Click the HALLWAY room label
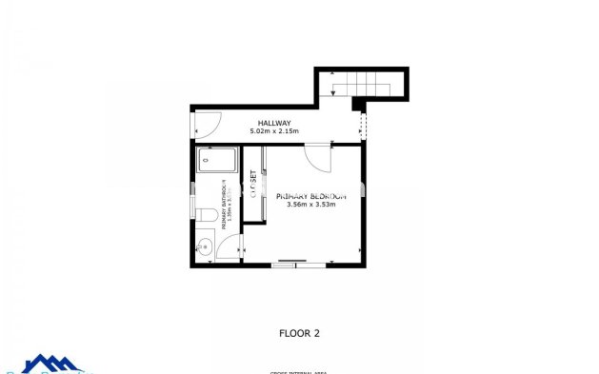(274, 123)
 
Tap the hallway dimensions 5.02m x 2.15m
(274, 131)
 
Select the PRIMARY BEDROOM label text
(310, 195)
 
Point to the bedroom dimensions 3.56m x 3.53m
(310, 204)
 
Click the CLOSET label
(253, 184)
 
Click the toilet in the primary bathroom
(202, 215)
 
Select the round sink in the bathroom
(203, 247)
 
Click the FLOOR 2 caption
(299, 333)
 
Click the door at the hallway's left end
(208, 122)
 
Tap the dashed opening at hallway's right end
(361, 125)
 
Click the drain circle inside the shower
(205, 163)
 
